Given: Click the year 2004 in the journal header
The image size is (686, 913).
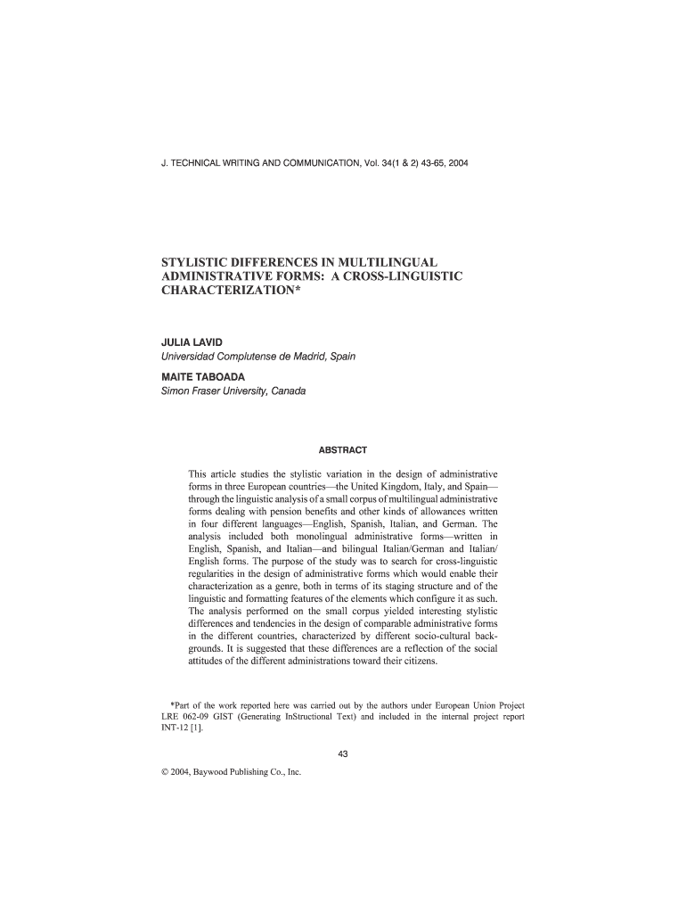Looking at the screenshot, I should [x=456, y=164].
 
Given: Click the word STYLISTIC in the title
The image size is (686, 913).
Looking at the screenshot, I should [x=198, y=263].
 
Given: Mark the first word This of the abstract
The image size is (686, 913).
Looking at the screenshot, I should [x=198, y=473].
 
